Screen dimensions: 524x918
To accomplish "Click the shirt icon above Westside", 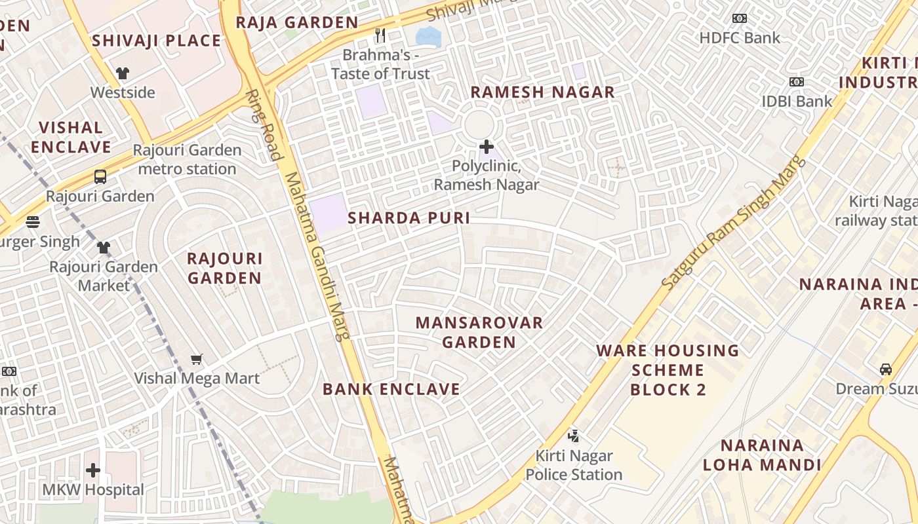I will click(123, 73).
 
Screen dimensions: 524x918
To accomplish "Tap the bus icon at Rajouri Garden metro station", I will click(100, 176).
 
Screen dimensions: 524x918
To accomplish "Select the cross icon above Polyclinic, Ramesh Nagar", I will click(486, 146).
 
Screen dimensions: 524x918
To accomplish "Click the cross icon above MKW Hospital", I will click(93, 470).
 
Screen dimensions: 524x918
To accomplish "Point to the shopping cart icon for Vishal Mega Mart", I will click(196, 359).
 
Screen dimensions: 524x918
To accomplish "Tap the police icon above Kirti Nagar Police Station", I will click(573, 436).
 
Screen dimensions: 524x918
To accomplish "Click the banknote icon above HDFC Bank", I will click(739, 18).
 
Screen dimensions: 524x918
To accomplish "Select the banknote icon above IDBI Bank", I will click(796, 82).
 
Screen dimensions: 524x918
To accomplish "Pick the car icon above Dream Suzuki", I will click(885, 369).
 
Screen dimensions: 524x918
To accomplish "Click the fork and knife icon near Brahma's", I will click(380, 35).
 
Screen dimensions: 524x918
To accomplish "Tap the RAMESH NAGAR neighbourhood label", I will click(542, 92).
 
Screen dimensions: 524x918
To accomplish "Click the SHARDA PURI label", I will click(409, 218).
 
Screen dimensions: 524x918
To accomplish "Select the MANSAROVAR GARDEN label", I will click(479, 332).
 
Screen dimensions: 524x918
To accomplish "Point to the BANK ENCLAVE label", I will click(391, 389).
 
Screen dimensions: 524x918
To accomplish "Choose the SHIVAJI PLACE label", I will click(156, 41).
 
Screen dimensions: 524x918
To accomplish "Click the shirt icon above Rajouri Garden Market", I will click(104, 248).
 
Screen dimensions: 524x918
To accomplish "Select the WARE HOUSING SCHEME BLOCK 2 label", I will click(668, 370).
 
